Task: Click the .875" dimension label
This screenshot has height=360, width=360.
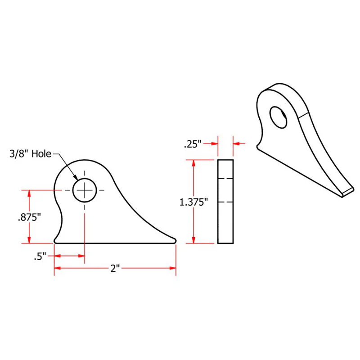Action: [29, 217]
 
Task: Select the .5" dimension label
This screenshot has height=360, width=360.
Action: [40, 257]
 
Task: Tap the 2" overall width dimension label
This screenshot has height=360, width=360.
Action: [115, 269]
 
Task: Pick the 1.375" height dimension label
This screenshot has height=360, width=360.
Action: [193, 202]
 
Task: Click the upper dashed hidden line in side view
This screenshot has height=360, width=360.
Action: [225, 179]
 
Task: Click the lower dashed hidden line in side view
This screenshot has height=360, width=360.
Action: [225, 202]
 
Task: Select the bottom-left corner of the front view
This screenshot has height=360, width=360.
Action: [55, 242]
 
